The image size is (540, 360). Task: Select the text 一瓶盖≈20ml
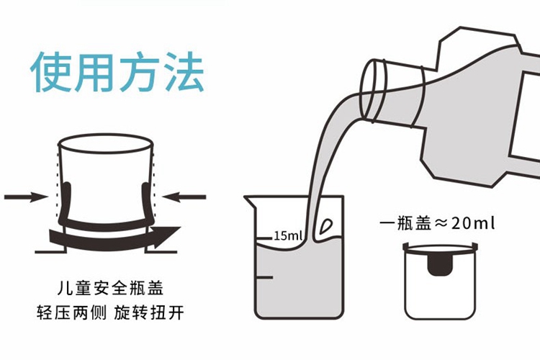pyautogui.click(x=437, y=223)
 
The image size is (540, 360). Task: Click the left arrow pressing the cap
pyautogui.click(x=27, y=196)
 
